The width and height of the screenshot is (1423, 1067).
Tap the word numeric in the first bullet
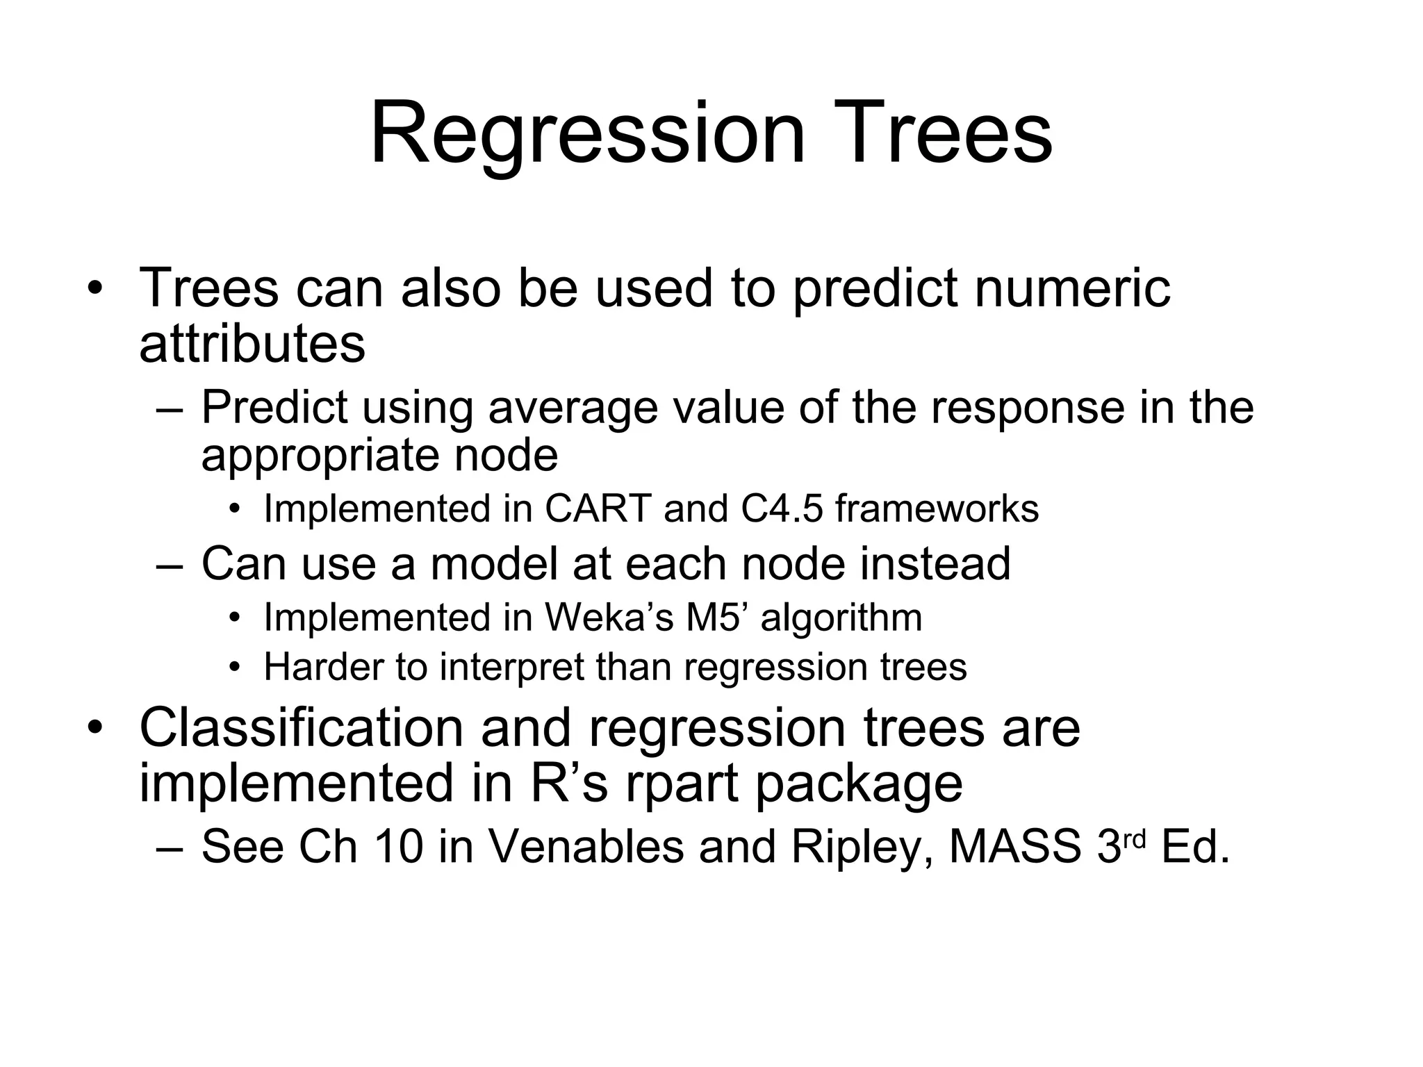tap(1072, 288)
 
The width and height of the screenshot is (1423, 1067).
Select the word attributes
tap(252, 344)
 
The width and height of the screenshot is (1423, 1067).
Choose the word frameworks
tap(937, 509)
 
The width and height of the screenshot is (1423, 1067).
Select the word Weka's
tap(609, 618)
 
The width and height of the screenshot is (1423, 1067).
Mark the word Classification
tap(301, 728)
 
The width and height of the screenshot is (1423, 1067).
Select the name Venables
tap(586, 847)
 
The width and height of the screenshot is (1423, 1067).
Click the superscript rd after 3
tap(1133, 839)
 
